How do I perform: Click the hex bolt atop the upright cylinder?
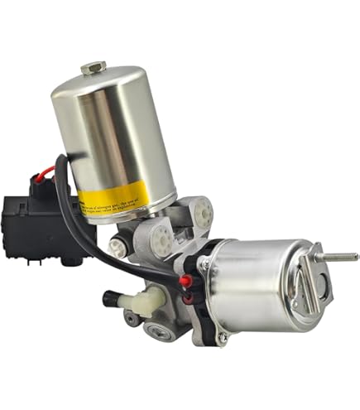94,67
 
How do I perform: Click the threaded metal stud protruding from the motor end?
339,257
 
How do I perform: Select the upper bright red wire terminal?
185,281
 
